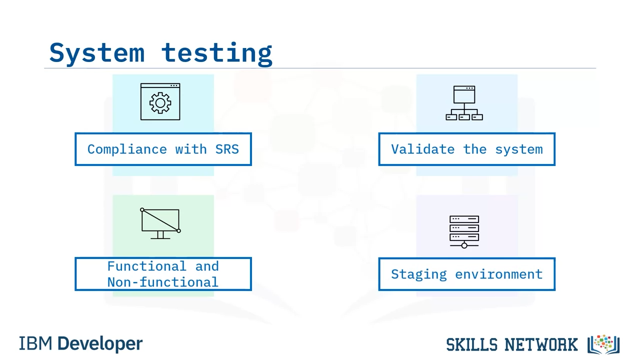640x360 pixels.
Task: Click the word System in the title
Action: (97, 53)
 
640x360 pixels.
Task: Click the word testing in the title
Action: (217, 53)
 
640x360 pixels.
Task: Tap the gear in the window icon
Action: (160, 103)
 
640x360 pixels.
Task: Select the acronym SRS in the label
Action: (227, 149)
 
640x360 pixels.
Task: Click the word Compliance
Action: (127, 149)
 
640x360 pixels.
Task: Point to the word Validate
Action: (423, 149)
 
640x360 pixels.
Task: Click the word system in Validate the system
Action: (519, 149)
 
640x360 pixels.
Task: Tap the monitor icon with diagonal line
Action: (160, 223)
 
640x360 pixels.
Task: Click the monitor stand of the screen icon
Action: (160, 235)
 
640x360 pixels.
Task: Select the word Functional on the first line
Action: (147, 266)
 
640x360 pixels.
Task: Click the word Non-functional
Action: (163, 282)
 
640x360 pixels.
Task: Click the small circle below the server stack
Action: (464, 245)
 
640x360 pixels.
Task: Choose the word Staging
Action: (419, 274)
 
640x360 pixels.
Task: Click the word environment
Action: (499, 274)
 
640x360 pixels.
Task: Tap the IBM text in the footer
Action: (35, 343)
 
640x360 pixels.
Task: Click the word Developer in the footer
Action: (100, 344)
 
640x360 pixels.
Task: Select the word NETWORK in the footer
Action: (541, 344)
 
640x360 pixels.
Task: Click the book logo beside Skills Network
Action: (603, 344)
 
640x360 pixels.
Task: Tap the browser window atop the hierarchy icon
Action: (464, 94)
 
